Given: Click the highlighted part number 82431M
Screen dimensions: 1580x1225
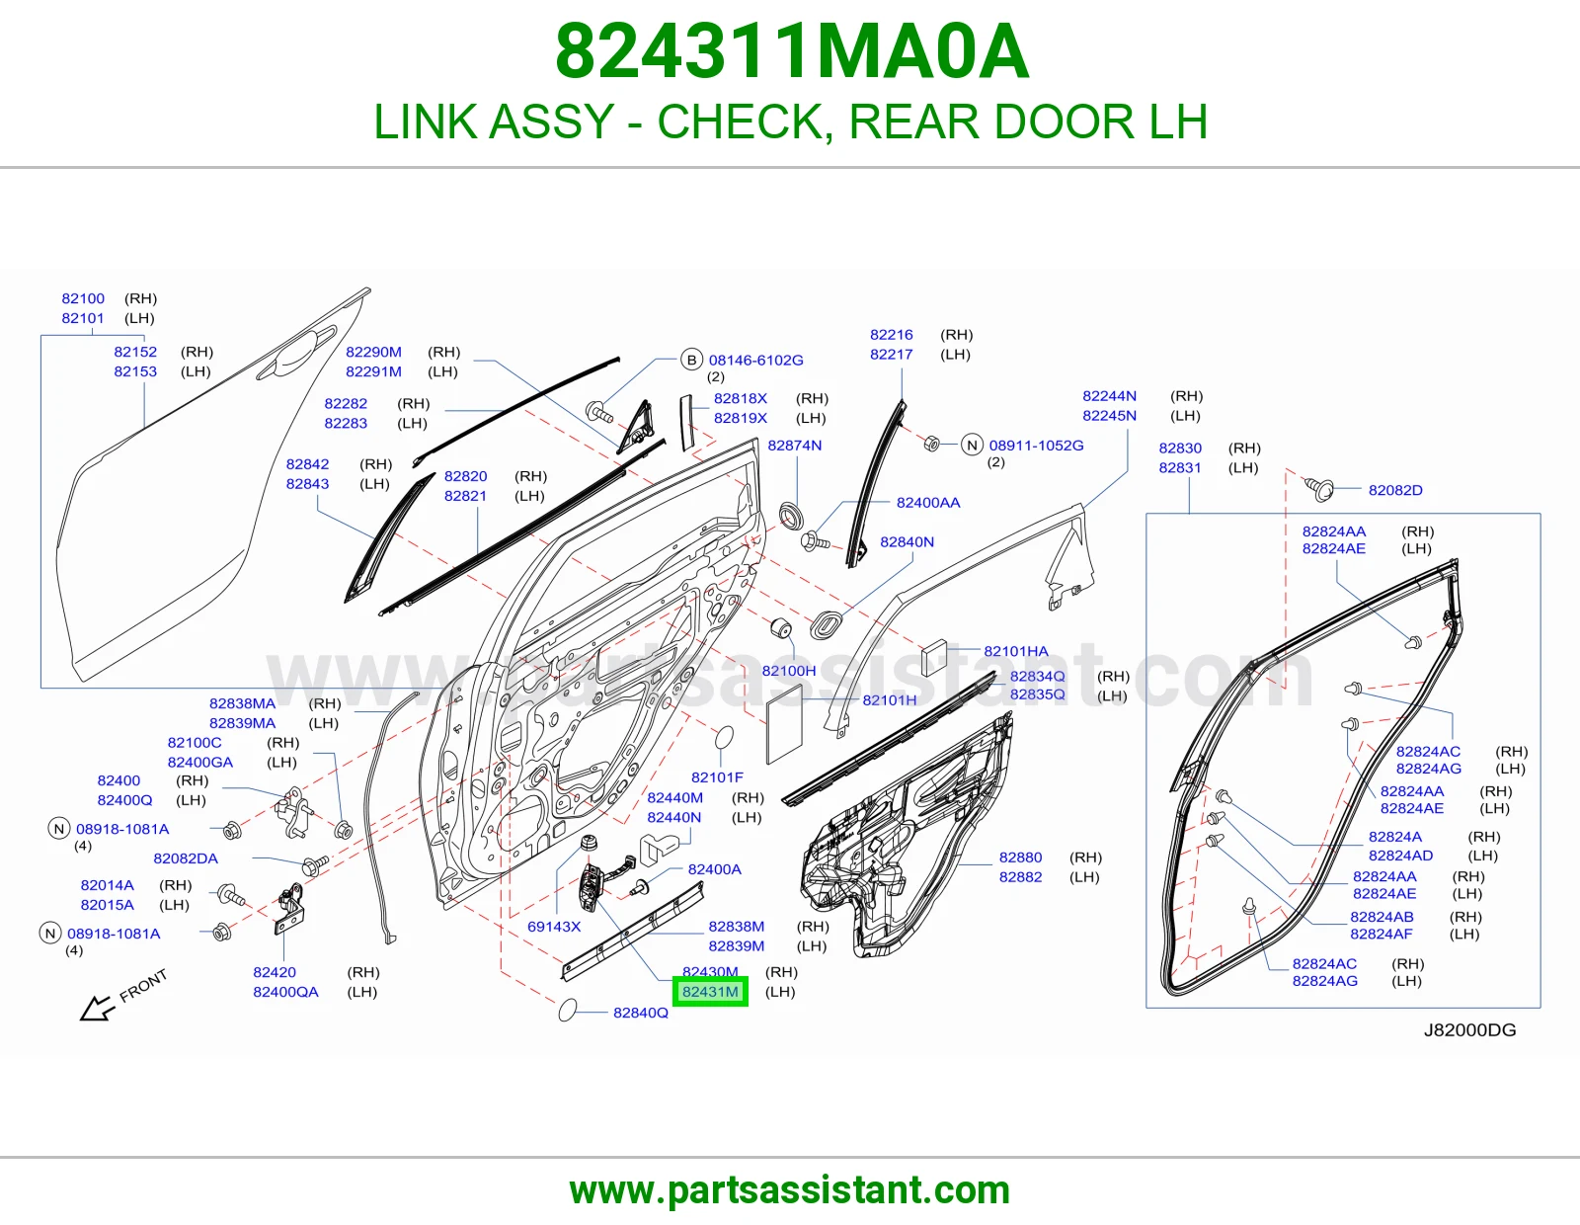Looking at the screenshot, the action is (x=710, y=992).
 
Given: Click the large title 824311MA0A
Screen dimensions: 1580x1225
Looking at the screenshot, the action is (x=792, y=51).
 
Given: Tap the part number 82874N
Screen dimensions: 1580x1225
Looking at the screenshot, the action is (x=795, y=446).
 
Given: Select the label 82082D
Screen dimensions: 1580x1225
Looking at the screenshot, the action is (x=1395, y=490).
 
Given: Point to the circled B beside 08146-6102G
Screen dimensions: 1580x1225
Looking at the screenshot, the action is (x=691, y=360).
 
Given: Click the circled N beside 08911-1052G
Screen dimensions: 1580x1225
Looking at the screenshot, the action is (x=972, y=445).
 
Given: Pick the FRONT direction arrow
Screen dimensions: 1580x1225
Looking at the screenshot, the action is (x=98, y=1008).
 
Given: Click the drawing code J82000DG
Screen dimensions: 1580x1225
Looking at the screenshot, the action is (x=1469, y=1030).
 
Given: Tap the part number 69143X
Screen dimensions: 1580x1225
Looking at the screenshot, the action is (x=554, y=927).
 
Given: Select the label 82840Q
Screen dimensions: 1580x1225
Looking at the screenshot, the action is (x=641, y=1013).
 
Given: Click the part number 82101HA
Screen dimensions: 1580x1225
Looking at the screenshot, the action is (x=1016, y=651).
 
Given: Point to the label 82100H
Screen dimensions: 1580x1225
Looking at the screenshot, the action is (x=789, y=671).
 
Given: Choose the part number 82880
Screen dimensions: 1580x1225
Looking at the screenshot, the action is (x=1020, y=857).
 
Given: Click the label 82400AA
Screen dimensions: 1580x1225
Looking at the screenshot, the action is (x=928, y=503).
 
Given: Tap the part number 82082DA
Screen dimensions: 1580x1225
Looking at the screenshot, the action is (x=186, y=858).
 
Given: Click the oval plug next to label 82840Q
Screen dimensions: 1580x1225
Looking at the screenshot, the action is (x=567, y=1010).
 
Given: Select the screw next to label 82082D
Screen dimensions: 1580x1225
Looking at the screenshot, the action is (x=1318, y=488).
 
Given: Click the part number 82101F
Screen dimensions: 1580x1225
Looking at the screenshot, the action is (x=717, y=776).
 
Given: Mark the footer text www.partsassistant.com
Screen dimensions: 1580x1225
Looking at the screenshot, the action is (x=790, y=1190).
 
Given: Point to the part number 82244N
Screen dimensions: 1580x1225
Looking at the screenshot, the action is (x=1110, y=396).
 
